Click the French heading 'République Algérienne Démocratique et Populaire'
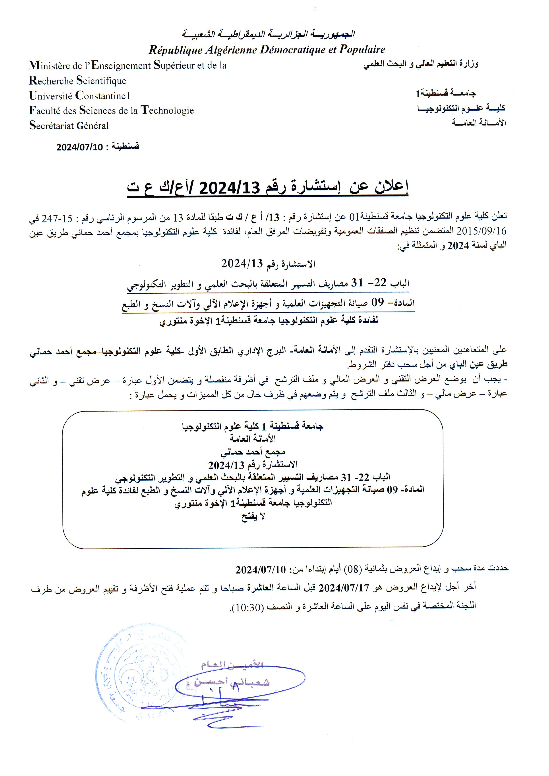(267, 50)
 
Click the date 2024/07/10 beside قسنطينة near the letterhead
(79, 147)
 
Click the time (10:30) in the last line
(244, 606)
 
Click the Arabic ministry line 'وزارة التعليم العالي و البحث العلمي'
(421, 64)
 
